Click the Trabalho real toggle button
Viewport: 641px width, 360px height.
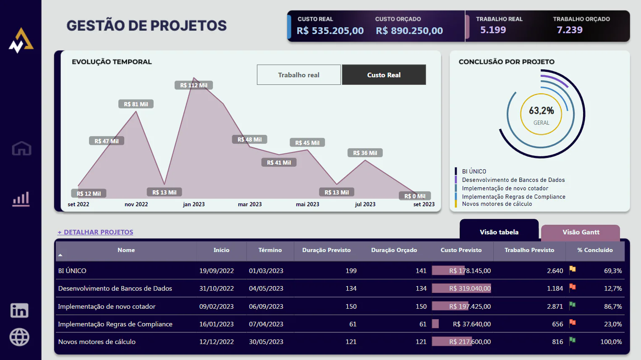pyautogui.click(x=298, y=75)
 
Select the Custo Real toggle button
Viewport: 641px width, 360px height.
pyautogui.click(x=384, y=75)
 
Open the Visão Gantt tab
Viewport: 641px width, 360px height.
pyautogui.click(x=581, y=232)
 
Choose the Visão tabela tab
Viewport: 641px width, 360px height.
pyautogui.click(x=499, y=232)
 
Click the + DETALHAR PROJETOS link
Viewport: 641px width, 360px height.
pyautogui.click(x=95, y=232)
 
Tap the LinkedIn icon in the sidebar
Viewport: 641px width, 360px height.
pyautogui.click(x=19, y=310)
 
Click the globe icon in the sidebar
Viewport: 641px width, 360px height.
pyautogui.click(x=19, y=337)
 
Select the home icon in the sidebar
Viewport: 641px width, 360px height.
pyautogui.click(x=21, y=148)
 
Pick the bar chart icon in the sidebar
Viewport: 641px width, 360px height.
pyautogui.click(x=21, y=199)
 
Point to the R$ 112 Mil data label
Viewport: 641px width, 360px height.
pyautogui.click(x=194, y=85)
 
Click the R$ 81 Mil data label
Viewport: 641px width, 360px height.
pyautogui.click(x=136, y=104)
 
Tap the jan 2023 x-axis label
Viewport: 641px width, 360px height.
pyautogui.click(x=194, y=205)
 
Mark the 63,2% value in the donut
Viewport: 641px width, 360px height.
pyautogui.click(x=541, y=111)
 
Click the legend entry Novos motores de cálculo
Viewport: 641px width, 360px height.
pyautogui.click(x=497, y=204)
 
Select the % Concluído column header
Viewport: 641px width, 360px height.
pyautogui.click(x=594, y=250)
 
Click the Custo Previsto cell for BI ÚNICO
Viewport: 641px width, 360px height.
pyautogui.click(x=469, y=271)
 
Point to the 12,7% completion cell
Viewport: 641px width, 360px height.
pyautogui.click(x=612, y=289)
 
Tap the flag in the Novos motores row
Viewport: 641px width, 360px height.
pyautogui.click(x=572, y=341)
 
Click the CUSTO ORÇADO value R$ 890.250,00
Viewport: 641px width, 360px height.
pyautogui.click(x=409, y=31)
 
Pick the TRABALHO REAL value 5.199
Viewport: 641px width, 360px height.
pyautogui.click(x=493, y=30)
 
